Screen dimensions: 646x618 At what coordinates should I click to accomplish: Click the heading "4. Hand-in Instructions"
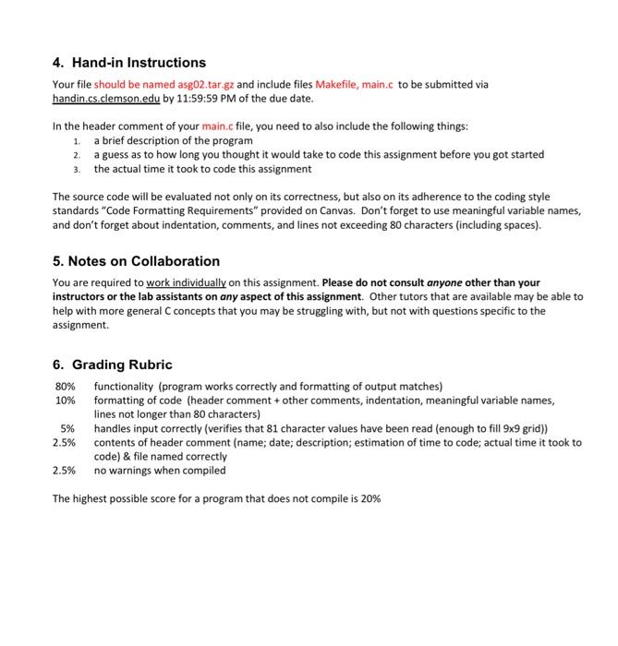point(128,63)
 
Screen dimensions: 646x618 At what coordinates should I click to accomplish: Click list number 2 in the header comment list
point(77,155)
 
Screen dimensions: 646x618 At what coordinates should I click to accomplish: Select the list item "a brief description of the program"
point(173,140)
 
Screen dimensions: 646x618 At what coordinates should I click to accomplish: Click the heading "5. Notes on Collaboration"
point(136,261)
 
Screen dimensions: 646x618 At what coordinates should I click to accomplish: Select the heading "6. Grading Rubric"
point(112,365)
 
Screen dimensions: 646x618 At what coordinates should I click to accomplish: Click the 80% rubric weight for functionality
point(65,386)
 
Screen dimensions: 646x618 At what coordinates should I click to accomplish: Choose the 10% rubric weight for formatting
point(65,401)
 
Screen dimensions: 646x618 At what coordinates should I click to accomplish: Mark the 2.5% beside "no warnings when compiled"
point(64,470)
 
